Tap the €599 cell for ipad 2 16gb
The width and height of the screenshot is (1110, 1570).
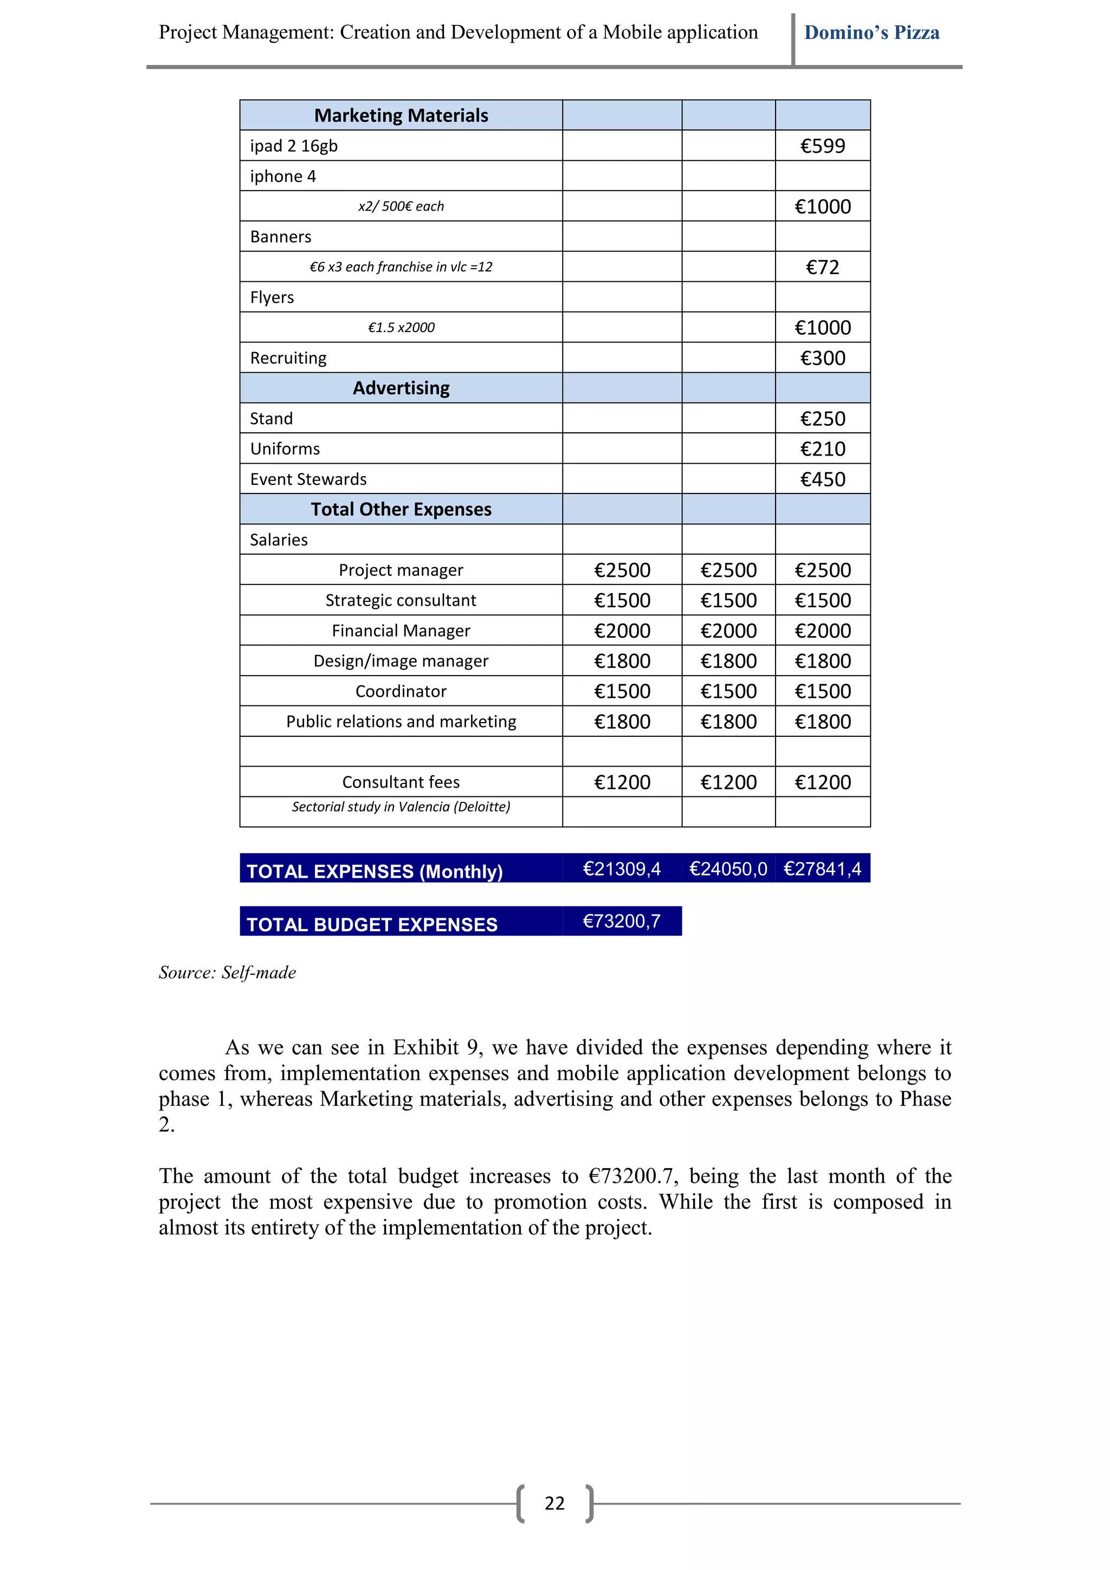click(x=822, y=146)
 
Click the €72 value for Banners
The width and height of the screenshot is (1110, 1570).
click(x=822, y=268)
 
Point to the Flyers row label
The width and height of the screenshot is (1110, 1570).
click(x=272, y=297)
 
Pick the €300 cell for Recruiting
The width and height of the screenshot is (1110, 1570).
click(x=822, y=358)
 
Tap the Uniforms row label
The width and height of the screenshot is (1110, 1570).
click(x=285, y=449)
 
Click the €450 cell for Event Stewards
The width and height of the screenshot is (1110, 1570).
click(x=822, y=479)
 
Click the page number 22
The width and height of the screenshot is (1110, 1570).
click(x=554, y=1504)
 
